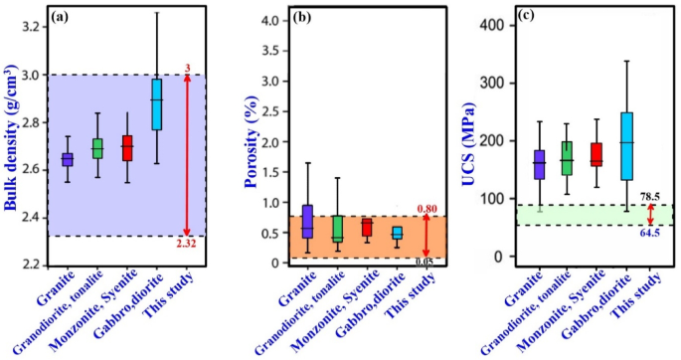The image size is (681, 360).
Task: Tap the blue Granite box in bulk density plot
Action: (x=68, y=159)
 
